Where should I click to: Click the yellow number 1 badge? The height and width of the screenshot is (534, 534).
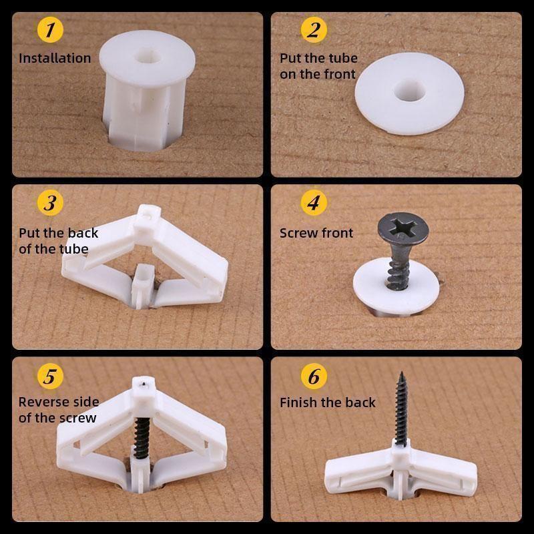coord(49,30)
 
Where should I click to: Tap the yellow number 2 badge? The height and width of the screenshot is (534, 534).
coord(314,30)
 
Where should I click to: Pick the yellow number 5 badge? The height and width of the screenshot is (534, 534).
coord(49,376)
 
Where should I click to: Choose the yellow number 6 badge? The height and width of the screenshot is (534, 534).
coord(314,376)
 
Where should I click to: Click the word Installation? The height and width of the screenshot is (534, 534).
coord(55,58)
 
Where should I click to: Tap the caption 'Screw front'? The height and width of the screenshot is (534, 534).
coord(316,233)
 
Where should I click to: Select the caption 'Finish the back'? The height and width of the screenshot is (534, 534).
coord(327,403)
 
